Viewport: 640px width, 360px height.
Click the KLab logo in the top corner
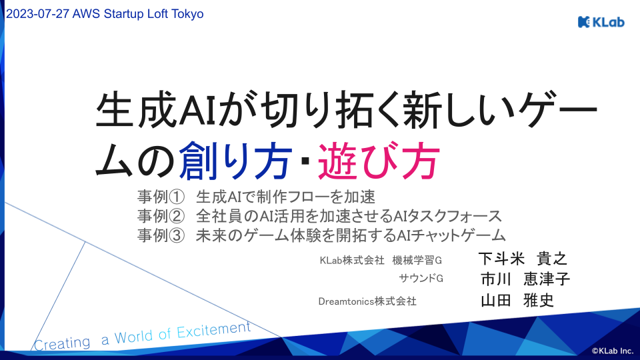(601, 21)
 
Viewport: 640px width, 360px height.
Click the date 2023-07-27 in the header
(37, 14)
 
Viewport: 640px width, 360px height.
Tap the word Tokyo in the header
(187, 14)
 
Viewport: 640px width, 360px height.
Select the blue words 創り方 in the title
(235, 161)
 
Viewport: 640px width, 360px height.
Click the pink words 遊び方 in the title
(379, 161)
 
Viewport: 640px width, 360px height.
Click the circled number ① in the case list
(177, 197)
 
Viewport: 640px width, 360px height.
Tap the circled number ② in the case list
(177, 216)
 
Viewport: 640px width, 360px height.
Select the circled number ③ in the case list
(177, 235)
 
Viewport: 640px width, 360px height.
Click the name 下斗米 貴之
(523, 259)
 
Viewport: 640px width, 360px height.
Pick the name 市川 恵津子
(525, 279)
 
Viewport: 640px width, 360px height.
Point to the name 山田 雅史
(517, 301)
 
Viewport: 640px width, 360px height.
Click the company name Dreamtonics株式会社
(367, 301)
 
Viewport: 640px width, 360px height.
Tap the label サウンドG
(421, 279)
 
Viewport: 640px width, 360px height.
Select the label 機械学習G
(417, 260)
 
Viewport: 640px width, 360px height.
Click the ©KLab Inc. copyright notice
(613, 351)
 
